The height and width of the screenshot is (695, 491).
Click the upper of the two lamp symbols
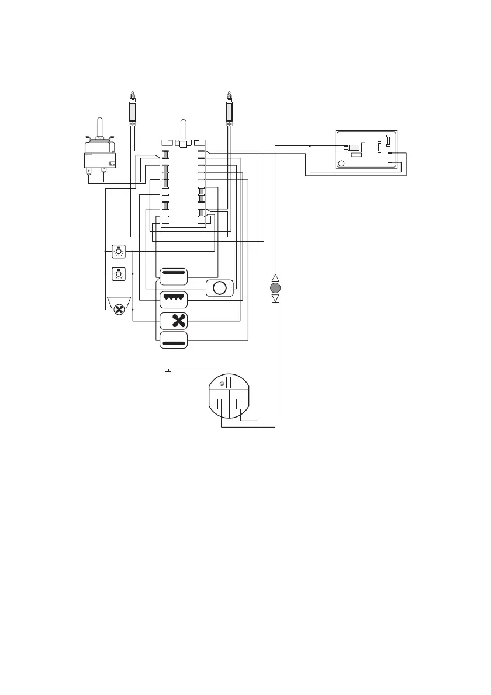pos(119,251)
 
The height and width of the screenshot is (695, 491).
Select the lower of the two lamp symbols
pos(119,273)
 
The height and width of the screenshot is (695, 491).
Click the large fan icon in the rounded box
pos(174,321)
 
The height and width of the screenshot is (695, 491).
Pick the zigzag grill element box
pos(174,299)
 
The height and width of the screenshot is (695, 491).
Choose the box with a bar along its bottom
pos(174,340)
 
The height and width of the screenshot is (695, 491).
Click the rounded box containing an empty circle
pos(219,289)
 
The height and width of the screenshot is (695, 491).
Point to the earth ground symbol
pos(168,372)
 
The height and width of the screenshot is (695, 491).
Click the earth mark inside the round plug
pos(223,384)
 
